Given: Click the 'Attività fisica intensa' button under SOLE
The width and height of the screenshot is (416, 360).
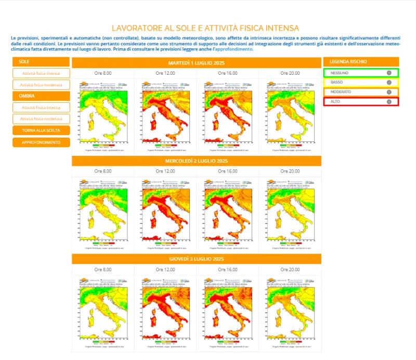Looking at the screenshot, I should click(x=41, y=73).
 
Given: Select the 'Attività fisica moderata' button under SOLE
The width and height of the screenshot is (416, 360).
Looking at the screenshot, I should click(x=41, y=85).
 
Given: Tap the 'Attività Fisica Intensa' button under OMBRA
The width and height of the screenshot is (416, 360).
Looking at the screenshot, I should click(x=41, y=108).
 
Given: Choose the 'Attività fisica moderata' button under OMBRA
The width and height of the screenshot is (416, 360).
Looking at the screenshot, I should click(x=41, y=119).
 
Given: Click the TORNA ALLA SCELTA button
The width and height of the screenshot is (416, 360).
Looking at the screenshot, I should click(x=41, y=130).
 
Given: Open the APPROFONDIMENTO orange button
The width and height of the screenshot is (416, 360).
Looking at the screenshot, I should click(x=41, y=142).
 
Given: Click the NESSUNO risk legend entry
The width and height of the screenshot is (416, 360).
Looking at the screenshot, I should click(x=361, y=73).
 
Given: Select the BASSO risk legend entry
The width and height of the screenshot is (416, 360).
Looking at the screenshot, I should click(x=361, y=83).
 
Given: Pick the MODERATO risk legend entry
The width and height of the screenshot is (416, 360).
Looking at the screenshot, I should click(x=361, y=92).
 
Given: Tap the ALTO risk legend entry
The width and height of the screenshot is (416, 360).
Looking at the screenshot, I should click(x=361, y=101).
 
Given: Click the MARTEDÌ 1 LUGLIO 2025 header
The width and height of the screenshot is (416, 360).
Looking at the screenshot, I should click(x=196, y=62).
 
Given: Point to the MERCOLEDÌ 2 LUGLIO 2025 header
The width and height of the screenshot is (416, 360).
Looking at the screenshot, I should click(x=196, y=161).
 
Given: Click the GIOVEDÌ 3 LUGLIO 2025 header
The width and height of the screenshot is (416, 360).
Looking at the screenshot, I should click(x=196, y=259).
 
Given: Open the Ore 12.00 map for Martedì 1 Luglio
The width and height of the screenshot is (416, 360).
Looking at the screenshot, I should click(x=165, y=116).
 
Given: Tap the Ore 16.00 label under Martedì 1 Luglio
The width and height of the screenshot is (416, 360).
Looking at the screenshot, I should click(x=227, y=73).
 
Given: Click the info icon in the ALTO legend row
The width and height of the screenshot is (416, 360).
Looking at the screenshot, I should click(x=388, y=101).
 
